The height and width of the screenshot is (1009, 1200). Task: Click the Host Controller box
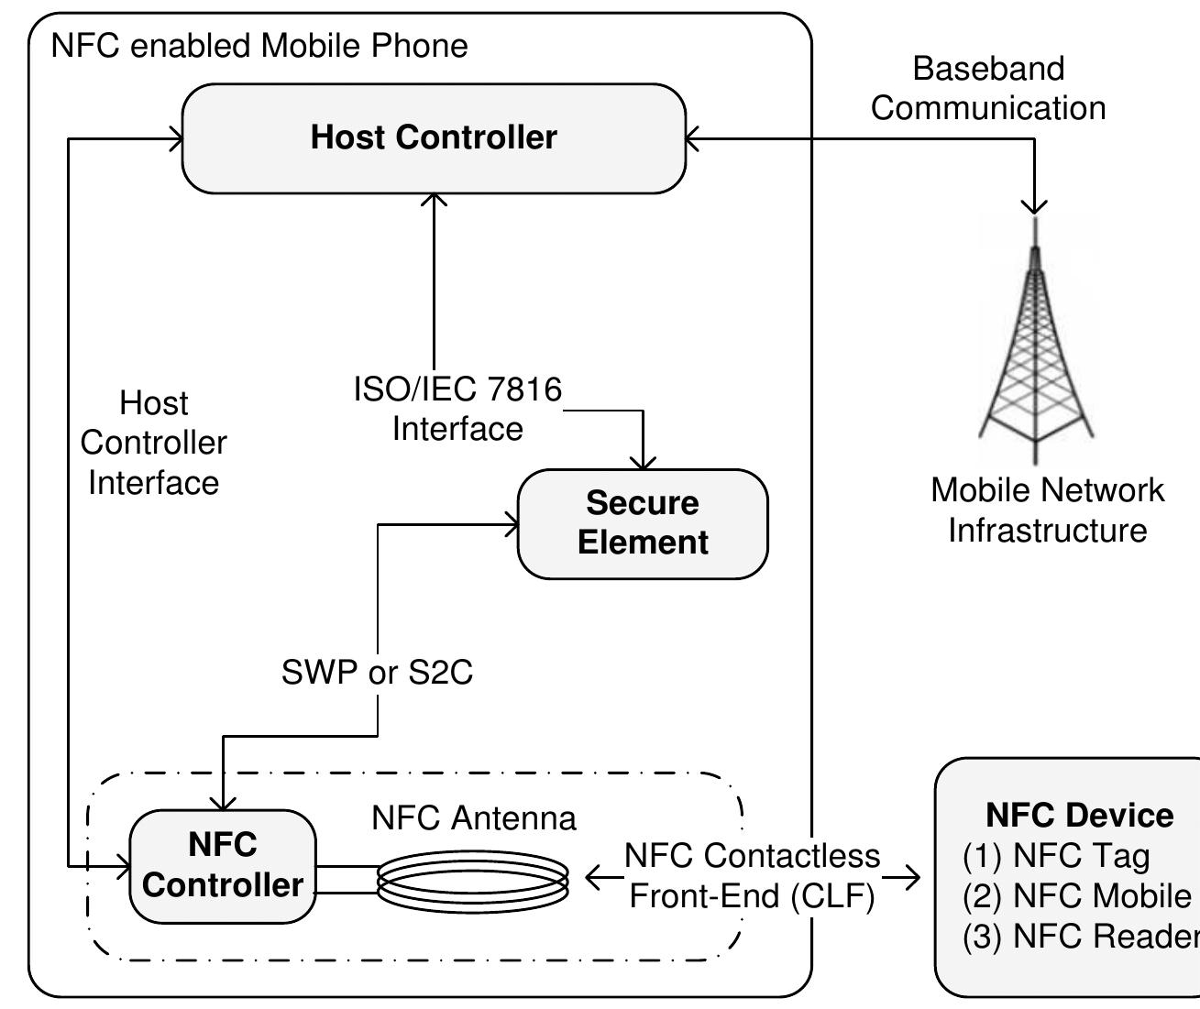pyautogui.click(x=434, y=138)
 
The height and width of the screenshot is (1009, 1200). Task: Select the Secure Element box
pyautogui.click(x=643, y=523)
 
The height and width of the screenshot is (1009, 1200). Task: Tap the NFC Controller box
pyautogui.click(x=223, y=865)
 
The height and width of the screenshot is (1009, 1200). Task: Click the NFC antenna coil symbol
pyautogui.click(x=473, y=880)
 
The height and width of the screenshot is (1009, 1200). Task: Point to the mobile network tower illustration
pyautogui.click(x=1035, y=348)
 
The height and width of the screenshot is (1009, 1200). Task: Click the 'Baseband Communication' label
pyautogui.click(x=988, y=88)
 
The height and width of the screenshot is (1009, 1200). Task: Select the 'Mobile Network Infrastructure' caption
pyautogui.click(x=1047, y=510)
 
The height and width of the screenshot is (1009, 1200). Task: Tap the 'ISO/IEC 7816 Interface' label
pyautogui.click(x=457, y=409)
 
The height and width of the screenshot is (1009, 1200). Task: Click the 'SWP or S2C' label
pyautogui.click(x=377, y=673)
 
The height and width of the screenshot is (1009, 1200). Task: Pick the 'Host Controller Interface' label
pyautogui.click(x=153, y=443)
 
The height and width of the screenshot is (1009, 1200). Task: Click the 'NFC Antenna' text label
pyautogui.click(x=474, y=817)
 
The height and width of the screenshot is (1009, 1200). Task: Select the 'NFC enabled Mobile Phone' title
pyautogui.click(x=259, y=45)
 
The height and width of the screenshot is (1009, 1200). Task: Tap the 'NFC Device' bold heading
pyautogui.click(x=1079, y=815)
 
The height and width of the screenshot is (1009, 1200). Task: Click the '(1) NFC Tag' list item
pyautogui.click(x=1056, y=855)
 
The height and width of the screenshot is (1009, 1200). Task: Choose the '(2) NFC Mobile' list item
pyautogui.click(x=1076, y=895)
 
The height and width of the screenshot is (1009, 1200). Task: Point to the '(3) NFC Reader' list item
pyautogui.click(x=1080, y=936)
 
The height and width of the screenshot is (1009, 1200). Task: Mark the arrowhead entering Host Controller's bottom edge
pyautogui.click(x=434, y=200)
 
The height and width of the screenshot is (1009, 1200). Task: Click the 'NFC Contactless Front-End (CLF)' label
pyautogui.click(x=752, y=875)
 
